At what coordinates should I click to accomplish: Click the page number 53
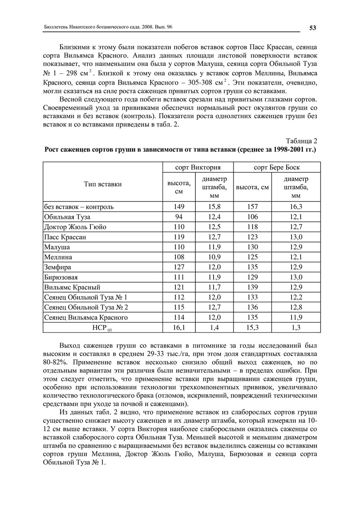[x=312, y=28]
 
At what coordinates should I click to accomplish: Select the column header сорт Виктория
[x=198, y=167]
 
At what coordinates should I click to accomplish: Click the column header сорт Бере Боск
[x=277, y=167]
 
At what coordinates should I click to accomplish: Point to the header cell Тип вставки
[x=103, y=184]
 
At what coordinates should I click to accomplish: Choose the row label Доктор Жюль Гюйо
[x=75, y=227]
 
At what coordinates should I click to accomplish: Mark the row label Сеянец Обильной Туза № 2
[x=86, y=307]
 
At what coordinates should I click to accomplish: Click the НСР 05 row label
[x=102, y=328]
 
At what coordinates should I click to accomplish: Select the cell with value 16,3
[x=296, y=206]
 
